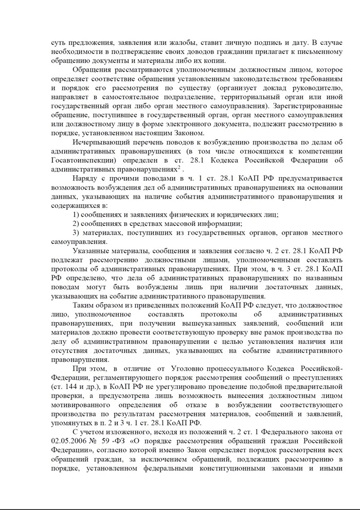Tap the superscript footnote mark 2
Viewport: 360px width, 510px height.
tap(178, 166)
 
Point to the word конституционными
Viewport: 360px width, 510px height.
tap(235, 468)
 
